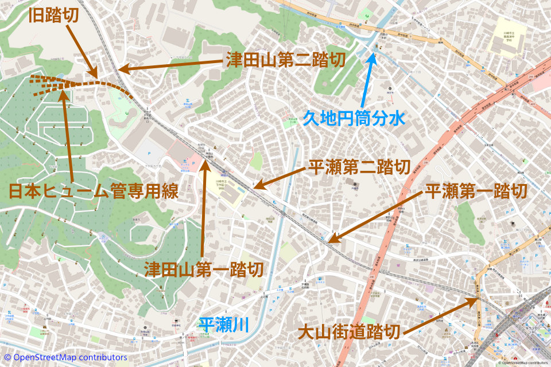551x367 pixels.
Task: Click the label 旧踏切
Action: pos(54,15)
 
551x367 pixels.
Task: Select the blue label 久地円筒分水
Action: pos(354,119)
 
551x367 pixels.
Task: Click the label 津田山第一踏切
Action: pos(204,268)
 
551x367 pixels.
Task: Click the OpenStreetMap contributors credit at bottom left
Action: pos(64,357)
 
